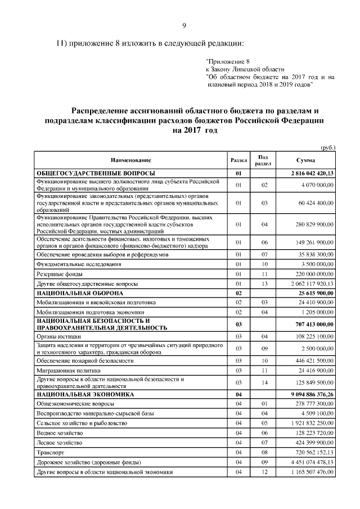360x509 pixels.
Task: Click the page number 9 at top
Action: (184, 24)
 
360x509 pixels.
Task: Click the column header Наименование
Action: (130, 160)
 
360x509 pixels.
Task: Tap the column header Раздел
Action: (239, 160)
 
